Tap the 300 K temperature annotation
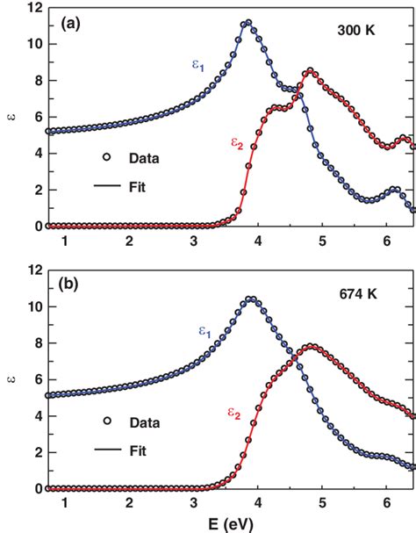click(357, 31)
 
